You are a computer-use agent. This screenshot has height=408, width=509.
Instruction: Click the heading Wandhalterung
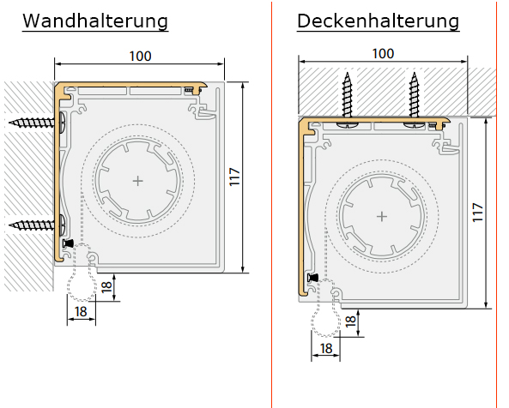[x=95, y=21]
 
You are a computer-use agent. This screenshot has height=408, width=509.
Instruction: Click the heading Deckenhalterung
[x=379, y=21]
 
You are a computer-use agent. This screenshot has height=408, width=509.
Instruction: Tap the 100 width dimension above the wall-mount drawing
[x=140, y=56]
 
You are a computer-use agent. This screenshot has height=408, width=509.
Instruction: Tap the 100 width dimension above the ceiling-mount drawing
[x=383, y=54]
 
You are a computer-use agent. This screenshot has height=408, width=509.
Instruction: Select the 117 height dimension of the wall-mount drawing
[x=234, y=177]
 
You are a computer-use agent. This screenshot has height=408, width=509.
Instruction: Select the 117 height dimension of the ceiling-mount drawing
[x=477, y=213]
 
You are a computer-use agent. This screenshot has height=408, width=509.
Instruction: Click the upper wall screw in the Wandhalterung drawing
[x=36, y=123]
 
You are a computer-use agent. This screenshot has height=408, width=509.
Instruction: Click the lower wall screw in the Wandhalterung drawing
[x=36, y=224]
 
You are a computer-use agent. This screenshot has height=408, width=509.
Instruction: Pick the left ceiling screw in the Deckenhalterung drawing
[x=347, y=99]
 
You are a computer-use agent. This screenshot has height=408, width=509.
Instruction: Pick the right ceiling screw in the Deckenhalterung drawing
[x=414, y=99]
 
